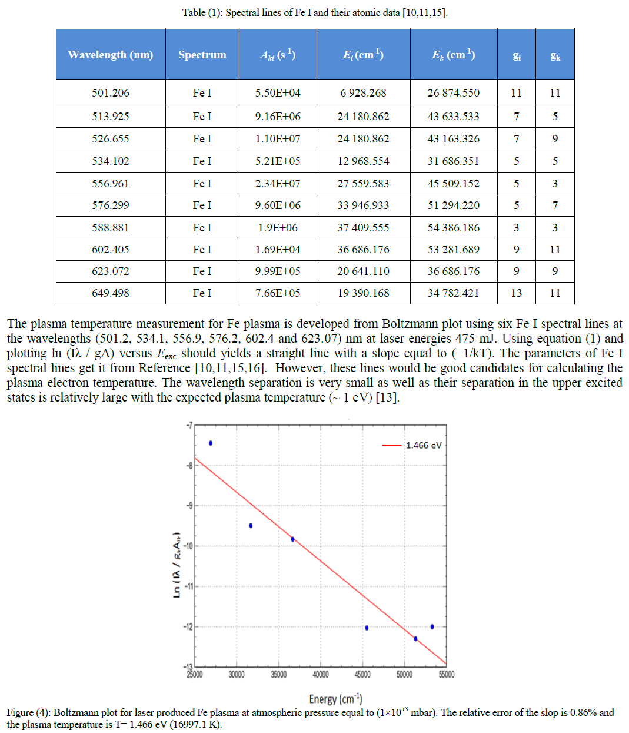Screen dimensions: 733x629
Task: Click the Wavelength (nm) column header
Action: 110,55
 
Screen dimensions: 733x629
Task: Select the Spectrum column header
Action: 202,55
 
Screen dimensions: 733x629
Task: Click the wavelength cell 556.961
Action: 110,183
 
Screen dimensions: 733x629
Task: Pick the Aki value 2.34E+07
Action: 277,183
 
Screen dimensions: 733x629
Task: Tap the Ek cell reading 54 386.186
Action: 453,227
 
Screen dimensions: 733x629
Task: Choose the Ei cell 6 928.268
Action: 363,92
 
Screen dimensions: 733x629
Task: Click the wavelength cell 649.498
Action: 110,293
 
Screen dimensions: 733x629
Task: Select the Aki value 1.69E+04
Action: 277,249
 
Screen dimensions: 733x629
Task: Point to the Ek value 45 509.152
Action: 453,183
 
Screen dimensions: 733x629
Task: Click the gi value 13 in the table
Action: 516,293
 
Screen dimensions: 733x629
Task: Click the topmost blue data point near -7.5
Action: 211,443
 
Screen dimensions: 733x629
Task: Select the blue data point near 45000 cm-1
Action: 367,628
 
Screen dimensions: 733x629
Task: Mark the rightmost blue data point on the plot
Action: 432,626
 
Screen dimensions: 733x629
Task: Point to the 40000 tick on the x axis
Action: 320,675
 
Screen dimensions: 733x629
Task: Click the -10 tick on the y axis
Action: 188,546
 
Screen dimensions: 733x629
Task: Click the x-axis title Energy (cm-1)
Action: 335,699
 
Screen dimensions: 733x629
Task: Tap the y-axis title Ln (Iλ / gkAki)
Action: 177,565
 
